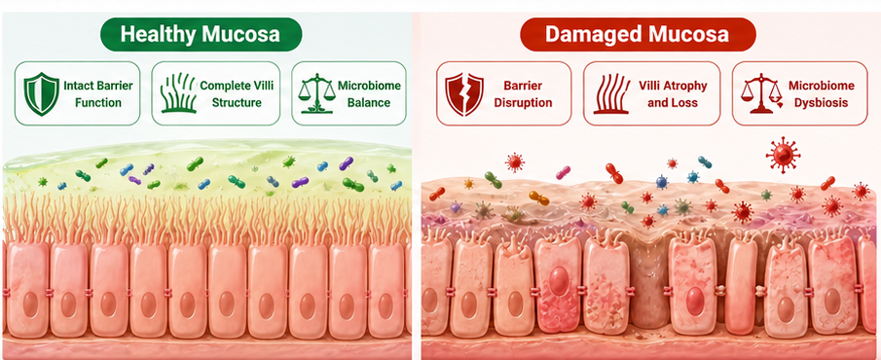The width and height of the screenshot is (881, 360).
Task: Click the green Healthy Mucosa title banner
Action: (201, 34)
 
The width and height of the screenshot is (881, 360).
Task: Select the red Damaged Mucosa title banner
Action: (638, 34)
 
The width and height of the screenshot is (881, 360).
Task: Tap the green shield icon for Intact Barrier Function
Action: (41, 94)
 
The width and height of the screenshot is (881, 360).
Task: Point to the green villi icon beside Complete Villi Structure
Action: (177, 93)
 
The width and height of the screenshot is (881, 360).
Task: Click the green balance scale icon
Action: (317, 93)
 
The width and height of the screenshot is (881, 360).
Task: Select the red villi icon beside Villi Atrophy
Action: (610, 93)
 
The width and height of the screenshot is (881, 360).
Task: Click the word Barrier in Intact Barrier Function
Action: (114, 86)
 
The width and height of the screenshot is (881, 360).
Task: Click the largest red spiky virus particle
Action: (783, 154)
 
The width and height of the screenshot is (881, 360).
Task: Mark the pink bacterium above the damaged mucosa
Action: (563, 172)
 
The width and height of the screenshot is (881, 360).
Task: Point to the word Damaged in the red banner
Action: (589, 35)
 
